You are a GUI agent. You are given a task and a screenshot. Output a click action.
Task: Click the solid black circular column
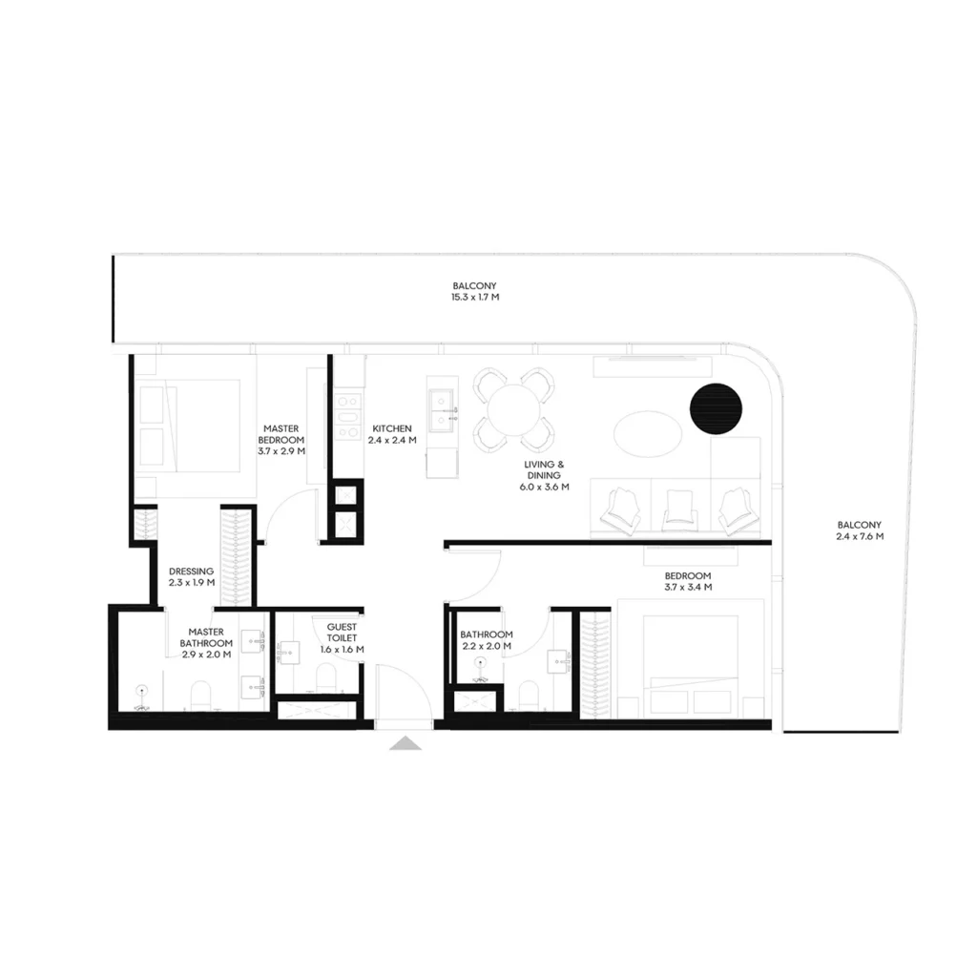point(716,407)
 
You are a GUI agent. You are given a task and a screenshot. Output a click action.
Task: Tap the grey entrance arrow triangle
point(405,743)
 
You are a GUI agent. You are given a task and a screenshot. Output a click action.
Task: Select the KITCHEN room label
point(392,429)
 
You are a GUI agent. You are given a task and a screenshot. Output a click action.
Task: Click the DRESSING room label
point(191,572)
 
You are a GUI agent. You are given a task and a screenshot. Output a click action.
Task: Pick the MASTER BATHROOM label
point(206,632)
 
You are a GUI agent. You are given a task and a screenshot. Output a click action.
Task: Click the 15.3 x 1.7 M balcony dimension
point(475,298)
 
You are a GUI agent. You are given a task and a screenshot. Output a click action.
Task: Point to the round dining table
point(513,409)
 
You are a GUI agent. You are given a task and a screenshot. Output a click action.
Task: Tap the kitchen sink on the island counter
point(442,409)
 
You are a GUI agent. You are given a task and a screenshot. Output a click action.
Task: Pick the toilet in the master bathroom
point(199,694)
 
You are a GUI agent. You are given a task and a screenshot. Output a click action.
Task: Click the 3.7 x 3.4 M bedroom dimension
point(688,588)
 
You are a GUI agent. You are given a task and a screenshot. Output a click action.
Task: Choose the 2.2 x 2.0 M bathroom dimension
point(486,647)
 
